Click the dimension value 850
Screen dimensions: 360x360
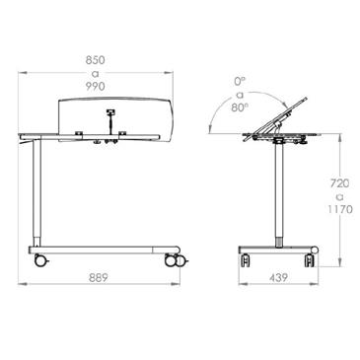[x=96, y=60]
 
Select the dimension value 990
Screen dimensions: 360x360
[x=96, y=87]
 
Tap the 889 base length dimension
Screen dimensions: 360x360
[x=99, y=278]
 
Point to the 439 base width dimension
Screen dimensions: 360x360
[x=278, y=278]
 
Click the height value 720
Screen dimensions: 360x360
[x=339, y=183]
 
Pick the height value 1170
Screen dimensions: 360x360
[x=340, y=209]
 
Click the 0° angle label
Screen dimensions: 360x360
[x=240, y=81]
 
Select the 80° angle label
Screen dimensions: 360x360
[x=240, y=108]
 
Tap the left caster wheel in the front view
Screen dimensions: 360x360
[x=41, y=260]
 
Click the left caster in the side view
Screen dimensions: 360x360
[x=246, y=260]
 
